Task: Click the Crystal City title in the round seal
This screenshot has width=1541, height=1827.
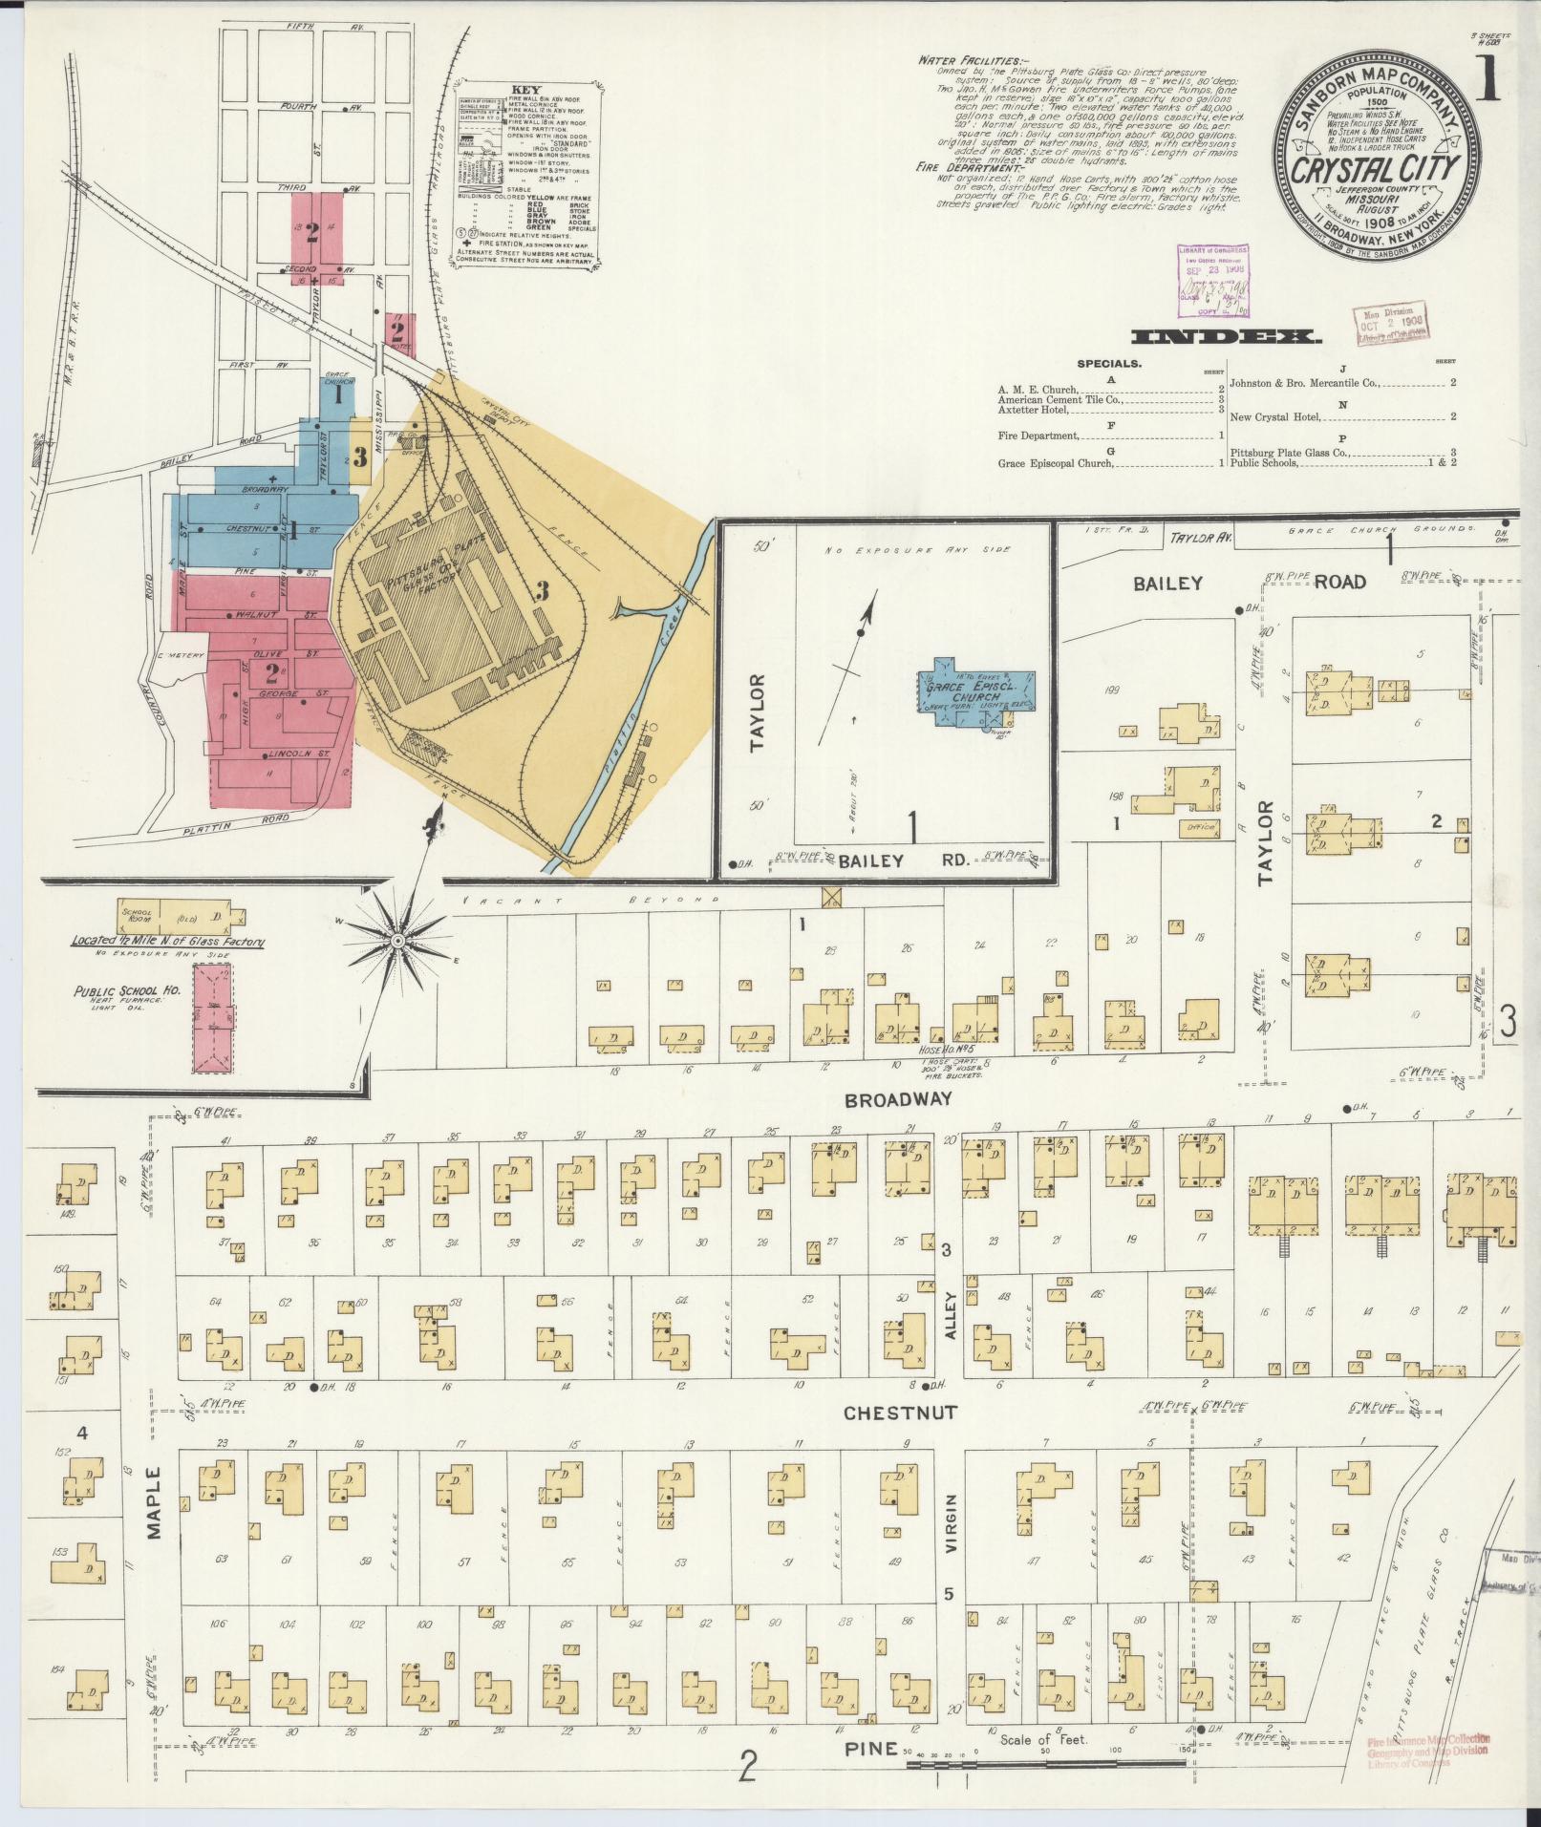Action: [x=1376, y=168]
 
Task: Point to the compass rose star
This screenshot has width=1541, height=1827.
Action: [x=396, y=943]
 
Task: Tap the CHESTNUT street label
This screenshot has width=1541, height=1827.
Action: [x=899, y=1413]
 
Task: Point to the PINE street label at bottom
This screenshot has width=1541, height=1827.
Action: [x=869, y=1749]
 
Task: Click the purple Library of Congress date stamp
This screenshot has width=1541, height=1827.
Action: [x=1211, y=275]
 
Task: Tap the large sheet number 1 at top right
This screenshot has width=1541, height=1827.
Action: [x=1489, y=83]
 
